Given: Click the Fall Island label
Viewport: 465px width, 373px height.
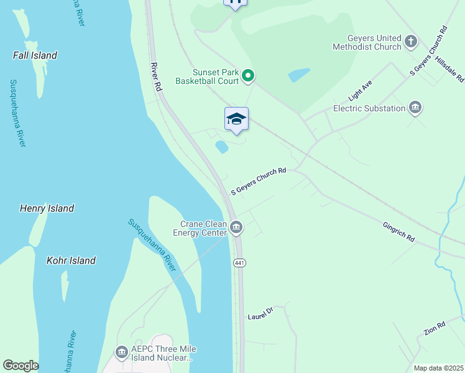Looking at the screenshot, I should pyautogui.click(x=35, y=55).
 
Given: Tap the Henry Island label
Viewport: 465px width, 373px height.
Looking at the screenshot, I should pyautogui.click(x=47, y=208).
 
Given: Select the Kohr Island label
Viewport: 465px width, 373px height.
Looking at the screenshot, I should pyautogui.click(x=71, y=260).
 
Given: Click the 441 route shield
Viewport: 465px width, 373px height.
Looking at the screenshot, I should pyautogui.click(x=240, y=263).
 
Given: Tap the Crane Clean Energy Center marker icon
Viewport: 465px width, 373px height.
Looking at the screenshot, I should pyautogui.click(x=236, y=228).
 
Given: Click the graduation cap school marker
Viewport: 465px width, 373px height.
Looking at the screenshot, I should pyautogui.click(x=236, y=119).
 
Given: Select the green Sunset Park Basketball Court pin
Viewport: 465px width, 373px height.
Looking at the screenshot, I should pyautogui.click(x=248, y=76).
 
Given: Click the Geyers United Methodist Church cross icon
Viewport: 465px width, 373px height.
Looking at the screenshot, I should pyautogui.click(x=410, y=42).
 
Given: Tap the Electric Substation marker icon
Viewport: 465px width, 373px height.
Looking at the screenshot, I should pyautogui.click(x=415, y=108).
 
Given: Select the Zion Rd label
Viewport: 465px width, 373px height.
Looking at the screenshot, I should pyautogui.click(x=435, y=329).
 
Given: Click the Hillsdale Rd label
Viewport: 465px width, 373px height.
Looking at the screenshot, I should pyautogui.click(x=449, y=68).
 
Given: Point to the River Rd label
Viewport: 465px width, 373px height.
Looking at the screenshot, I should pyautogui.click(x=156, y=77).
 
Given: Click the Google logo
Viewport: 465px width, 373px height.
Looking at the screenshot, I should pyautogui.click(x=21, y=366).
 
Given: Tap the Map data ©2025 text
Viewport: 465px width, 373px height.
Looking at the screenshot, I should pyautogui.click(x=438, y=368).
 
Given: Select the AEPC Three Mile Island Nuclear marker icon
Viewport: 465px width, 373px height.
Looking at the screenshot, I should pyautogui.click(x=121, y=352).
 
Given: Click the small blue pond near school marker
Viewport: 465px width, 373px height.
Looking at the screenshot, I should pyautogui.click(x=221, y=147).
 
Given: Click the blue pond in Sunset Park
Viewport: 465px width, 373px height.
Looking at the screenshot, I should pyautogui.click(x=299, y=75).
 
